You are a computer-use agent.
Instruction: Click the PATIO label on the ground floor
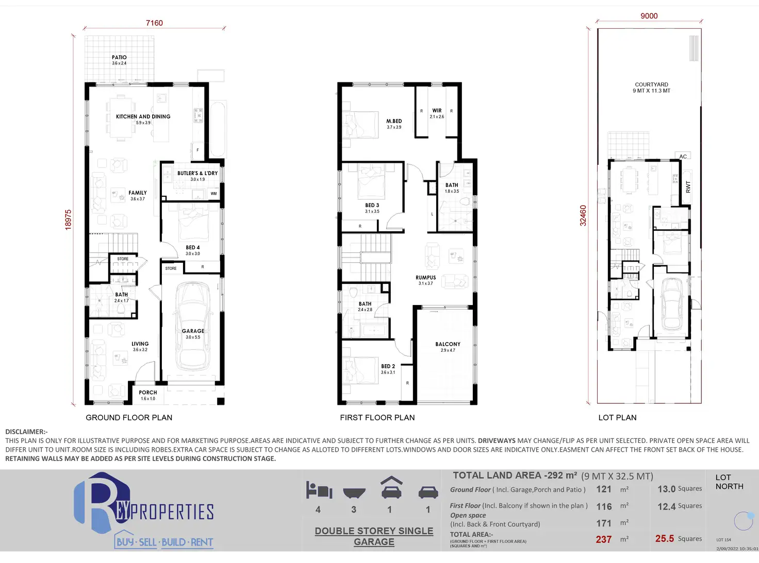[119, 58]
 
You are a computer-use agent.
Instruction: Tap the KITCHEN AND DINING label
[143, 117]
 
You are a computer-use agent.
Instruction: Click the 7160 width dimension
[154, 23]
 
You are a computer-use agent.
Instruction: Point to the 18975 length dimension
[68, 219]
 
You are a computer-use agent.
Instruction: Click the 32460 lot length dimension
[583, 216]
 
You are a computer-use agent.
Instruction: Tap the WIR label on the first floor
[437, 111]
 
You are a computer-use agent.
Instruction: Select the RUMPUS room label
[426, 278]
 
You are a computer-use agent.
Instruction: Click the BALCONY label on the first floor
[448, 344]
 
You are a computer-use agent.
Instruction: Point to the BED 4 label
[193, 248]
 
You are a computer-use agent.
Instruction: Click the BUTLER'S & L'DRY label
[197, 174]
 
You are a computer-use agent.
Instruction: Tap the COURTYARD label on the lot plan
[651, 84]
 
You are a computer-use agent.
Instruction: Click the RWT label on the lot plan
[688, 187]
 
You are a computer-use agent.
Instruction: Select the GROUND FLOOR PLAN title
[129, 418]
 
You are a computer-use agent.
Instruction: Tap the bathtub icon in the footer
[354, 493]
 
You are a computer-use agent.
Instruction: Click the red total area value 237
[604, 539]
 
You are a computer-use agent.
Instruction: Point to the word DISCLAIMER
[26, 432]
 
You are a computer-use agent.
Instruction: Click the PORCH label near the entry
[148, 393]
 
